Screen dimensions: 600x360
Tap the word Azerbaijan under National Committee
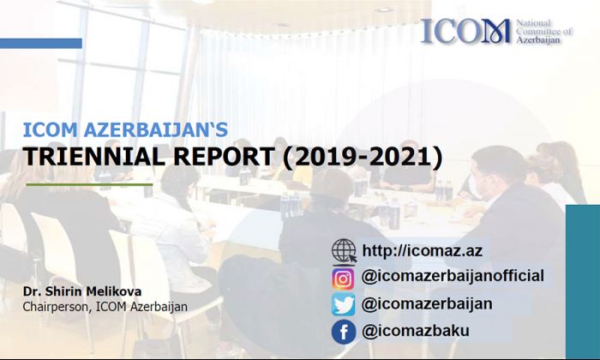pos(538,40)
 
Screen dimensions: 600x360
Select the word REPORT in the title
pos(223,157)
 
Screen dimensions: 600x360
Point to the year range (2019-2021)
pos(363,157)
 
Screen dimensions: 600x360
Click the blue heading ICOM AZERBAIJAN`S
pos(125,129)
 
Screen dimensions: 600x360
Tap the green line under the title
pos(89,184)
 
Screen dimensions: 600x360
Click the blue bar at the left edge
pos(41,43)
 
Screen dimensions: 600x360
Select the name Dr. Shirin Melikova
pos(82,291)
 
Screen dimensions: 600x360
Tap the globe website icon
pos(344,251)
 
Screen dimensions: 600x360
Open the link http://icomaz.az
pos(422,251)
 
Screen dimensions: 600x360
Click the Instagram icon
pos(343,279)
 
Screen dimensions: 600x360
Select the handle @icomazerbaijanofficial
pos(453,276)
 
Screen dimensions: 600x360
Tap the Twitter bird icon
pos(343,305)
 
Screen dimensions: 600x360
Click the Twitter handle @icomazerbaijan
pos(427,303)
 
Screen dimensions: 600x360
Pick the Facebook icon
pos(343,332)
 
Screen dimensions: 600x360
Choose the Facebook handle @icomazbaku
pos(416,331)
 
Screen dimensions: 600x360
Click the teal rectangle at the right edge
pos(583,282)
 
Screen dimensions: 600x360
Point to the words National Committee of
pos(543,27)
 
